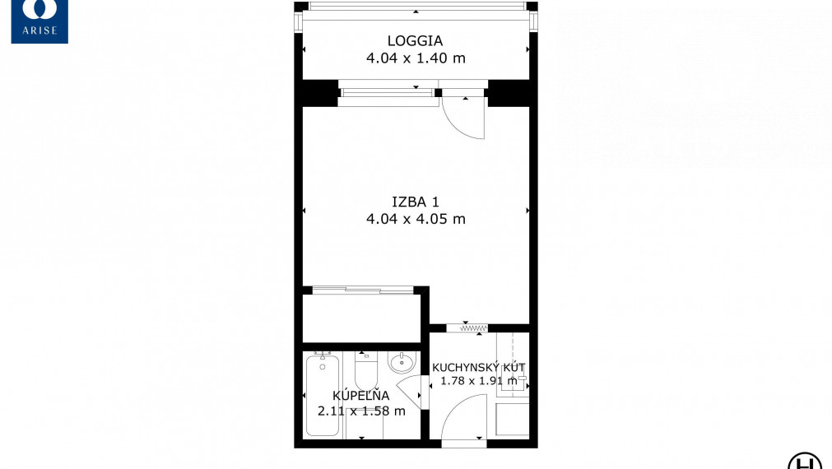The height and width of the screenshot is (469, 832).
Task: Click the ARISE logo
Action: pyautogui.click(x=40, y=21)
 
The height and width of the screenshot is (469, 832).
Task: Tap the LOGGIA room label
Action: pyautogui.click(x=415, y=41)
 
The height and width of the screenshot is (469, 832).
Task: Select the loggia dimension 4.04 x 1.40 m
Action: pyautogui.click(x=416, y=58)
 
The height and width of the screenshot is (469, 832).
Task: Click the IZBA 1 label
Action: pyautogui.click(x=416, y=202)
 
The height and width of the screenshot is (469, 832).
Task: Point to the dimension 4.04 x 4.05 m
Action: pyautogui.click(x=416, y=219)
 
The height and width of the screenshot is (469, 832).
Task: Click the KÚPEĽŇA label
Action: pyautogui.click(x=360, y=395)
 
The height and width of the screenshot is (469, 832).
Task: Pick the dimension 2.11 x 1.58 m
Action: pyautogui.click(x=361, y=411)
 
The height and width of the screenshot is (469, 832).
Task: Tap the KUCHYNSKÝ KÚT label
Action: pyautogui.click(x=479, y=367)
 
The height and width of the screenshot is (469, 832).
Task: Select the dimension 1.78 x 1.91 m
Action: pyautogui.click(x=479, y=380)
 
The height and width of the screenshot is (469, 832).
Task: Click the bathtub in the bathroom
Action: pyautogui.click(x=322, y=395)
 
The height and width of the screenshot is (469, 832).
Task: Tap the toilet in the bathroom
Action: pyautogui.click(x=365, y=370)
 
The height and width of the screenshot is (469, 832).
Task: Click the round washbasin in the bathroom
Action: pyautogui.click(x=402, y=363)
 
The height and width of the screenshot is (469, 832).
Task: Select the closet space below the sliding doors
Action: pyautogui.click(x=361, y=318)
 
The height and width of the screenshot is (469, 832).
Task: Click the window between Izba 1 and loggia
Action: pyautogui.click(x=387, y=93)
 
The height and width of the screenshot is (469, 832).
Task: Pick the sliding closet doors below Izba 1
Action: pyautogui.click(x=363, y=290)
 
